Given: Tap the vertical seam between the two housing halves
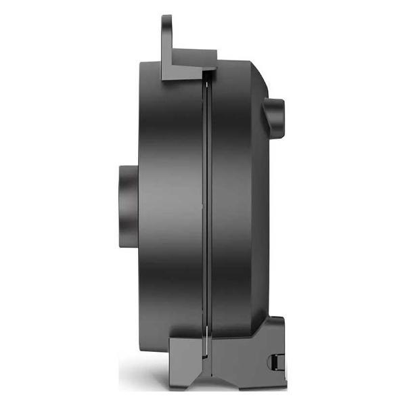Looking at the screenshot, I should point(208,203).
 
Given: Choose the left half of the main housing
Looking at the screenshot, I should point(169,203).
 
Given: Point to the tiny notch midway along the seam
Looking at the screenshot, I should point(205,203).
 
